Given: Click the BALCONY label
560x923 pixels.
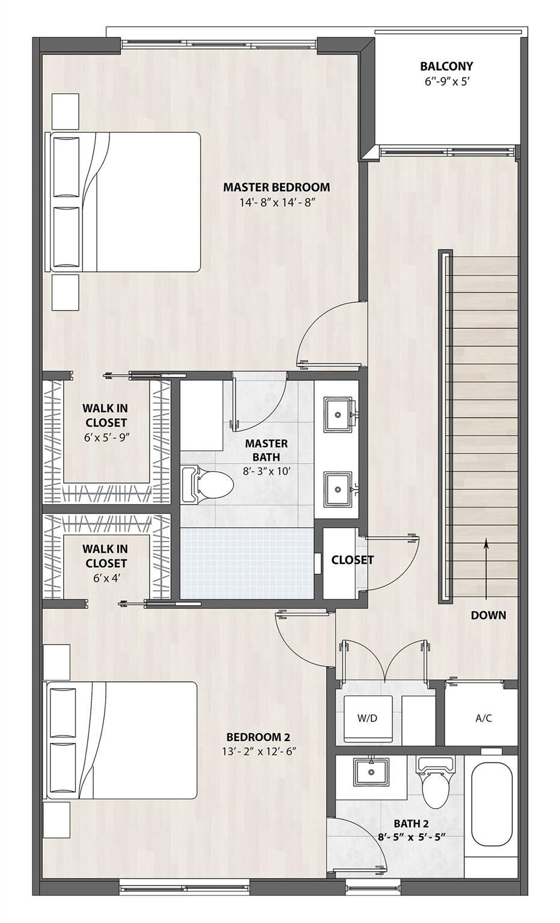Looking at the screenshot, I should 446,66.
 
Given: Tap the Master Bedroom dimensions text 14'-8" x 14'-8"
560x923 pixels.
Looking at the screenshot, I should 277,203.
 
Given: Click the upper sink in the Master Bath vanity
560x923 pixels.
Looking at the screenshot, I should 339,414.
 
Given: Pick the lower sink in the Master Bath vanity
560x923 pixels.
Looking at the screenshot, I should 339,490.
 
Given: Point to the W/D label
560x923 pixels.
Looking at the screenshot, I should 367,717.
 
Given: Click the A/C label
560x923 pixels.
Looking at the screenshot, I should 484,717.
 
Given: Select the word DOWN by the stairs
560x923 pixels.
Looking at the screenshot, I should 488,615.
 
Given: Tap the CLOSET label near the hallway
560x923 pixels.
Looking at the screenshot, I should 352,560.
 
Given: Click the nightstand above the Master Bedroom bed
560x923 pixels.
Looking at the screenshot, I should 65,111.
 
